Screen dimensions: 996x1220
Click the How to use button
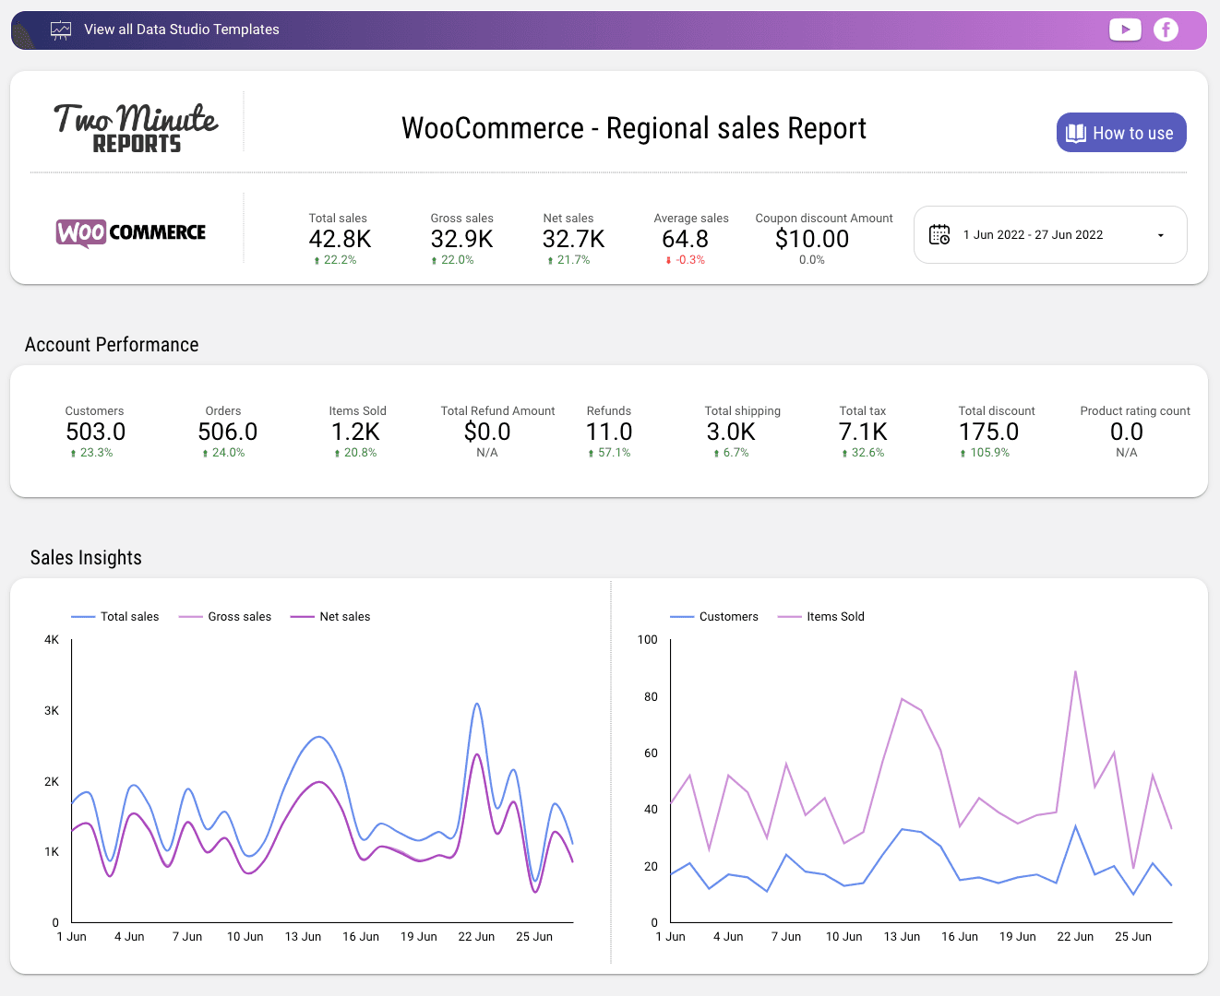coord(1120,133)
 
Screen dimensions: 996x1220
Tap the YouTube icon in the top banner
coord(1124,30)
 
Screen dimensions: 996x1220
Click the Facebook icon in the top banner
coord(1166,30)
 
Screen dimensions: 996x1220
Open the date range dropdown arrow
coord(1160,235)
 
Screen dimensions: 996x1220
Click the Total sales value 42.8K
coord(340,240)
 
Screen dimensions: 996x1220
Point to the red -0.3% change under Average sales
coord(686,260)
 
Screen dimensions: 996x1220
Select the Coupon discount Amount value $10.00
coord(812,240)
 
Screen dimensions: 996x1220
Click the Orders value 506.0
coord(227,433)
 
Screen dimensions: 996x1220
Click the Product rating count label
coord(1134,411)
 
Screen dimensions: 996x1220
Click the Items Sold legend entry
coord(834,617)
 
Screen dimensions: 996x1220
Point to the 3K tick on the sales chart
coord(52,711)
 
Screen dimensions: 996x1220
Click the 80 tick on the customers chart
coord(651,697)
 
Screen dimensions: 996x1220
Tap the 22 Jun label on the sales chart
coord(476,937)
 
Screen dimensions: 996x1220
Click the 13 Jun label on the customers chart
coord(902,937)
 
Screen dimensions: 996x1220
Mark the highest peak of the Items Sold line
coord(1075,671)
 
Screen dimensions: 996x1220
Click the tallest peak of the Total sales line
coord(476,705)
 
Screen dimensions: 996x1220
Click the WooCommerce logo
coord(131,232)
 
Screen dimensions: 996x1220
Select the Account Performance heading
coord(112,345)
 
